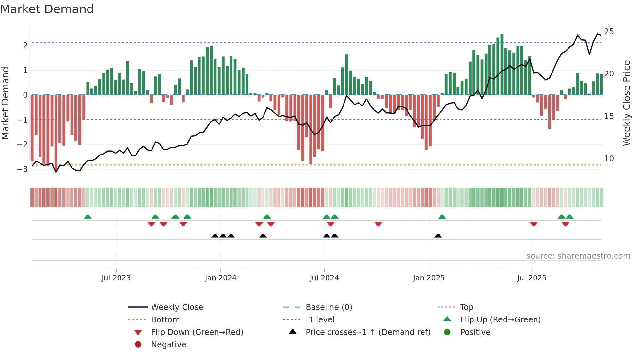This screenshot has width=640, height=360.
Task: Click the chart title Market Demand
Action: [47, 9]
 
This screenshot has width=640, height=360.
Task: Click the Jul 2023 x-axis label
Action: [116, 278]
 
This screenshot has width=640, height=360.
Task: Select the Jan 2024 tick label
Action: [220, 278]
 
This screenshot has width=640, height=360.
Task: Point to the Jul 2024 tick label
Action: [324, 278]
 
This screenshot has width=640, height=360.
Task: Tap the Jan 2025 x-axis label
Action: [428, 278]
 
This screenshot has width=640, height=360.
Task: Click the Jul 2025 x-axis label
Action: [532, 278]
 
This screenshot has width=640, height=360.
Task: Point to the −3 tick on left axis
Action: [22, 169]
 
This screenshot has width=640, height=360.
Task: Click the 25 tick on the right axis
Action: [609, 32]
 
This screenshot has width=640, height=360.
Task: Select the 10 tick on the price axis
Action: [609, 159]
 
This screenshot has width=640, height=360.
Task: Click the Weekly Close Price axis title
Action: [626, 103]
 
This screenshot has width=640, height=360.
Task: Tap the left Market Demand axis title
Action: [5, 103]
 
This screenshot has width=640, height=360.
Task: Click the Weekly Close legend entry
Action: [177, 307]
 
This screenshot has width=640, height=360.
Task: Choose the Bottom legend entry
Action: [165, 320]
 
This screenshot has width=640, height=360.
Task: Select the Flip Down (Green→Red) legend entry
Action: [197, 332]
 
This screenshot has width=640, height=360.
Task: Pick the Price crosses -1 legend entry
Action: [368, 332]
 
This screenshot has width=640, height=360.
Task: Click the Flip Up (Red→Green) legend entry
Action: [500, 320]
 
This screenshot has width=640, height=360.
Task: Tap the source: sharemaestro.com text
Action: [578, 256]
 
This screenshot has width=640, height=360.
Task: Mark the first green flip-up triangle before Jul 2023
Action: [88, 217]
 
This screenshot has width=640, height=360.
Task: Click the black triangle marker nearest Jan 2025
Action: [438, 236]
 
